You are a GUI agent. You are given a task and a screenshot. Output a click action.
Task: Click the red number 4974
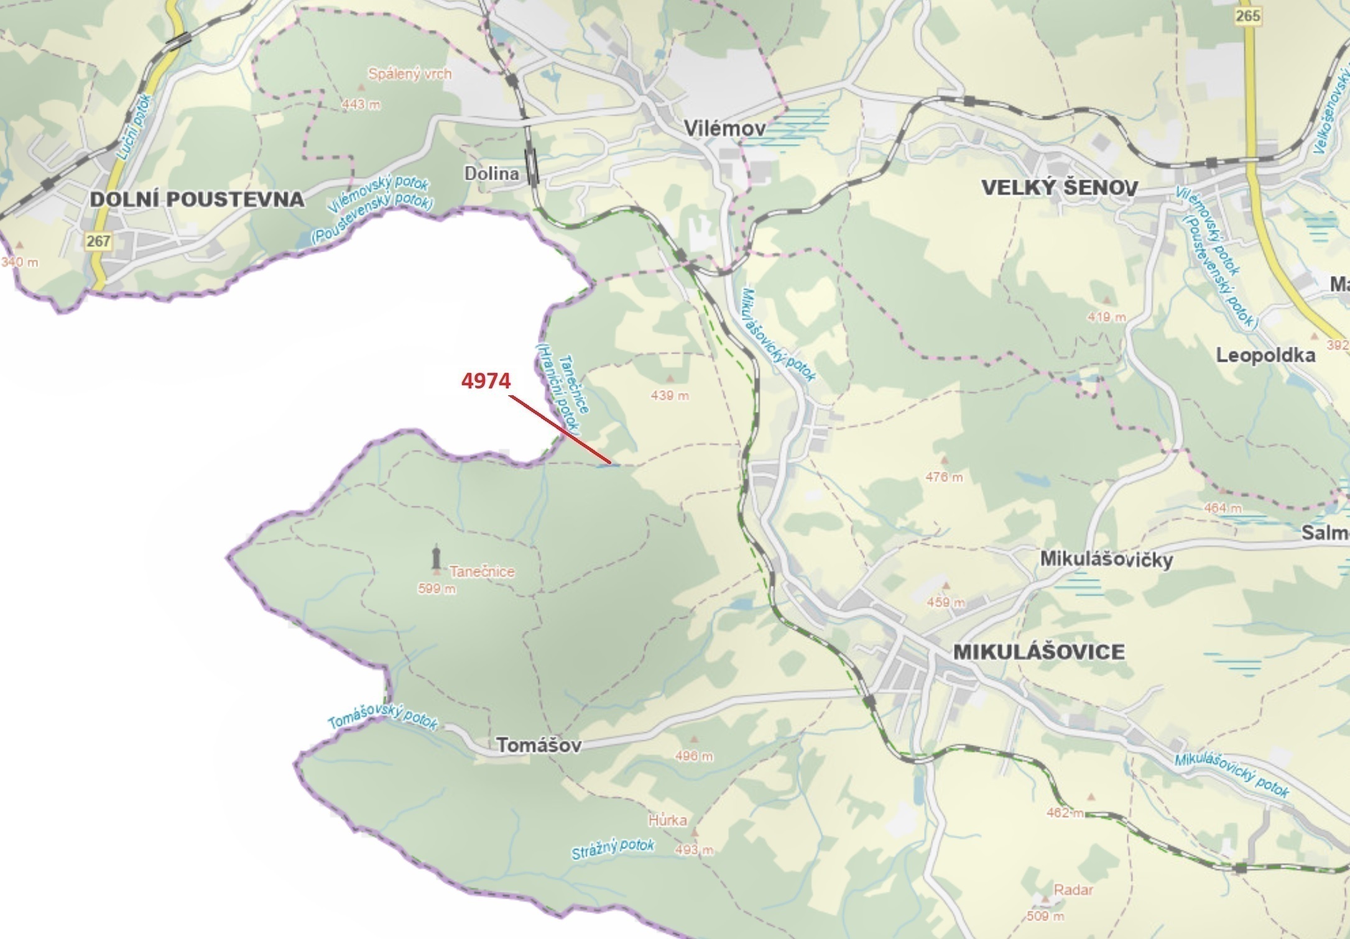486,380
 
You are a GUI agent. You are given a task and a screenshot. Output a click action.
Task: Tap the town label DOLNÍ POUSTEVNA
197,199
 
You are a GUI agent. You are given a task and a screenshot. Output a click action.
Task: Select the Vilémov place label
724,128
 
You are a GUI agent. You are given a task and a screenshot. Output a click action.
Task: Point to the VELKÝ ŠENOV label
1060,187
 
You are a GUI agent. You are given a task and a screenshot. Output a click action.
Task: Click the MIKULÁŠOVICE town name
1038,652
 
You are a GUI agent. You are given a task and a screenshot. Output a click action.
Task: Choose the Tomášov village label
539,745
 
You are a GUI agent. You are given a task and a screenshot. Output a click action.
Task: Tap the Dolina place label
491,173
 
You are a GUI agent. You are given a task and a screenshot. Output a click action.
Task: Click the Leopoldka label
1265,355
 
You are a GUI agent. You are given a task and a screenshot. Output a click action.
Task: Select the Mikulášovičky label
1106,559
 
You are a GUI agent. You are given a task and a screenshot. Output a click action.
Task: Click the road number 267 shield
98,240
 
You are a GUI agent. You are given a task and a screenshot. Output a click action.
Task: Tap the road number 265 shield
1247,16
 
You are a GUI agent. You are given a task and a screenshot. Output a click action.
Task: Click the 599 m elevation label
437,589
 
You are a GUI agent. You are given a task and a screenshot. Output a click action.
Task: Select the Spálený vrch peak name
410,74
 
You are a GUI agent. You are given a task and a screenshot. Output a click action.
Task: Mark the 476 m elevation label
944,477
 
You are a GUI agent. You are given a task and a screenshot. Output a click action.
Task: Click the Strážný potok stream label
613,849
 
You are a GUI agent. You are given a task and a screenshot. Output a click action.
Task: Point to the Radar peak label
1073,890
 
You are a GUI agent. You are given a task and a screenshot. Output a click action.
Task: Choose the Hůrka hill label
667,820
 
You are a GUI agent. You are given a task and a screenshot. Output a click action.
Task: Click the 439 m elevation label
670,395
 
